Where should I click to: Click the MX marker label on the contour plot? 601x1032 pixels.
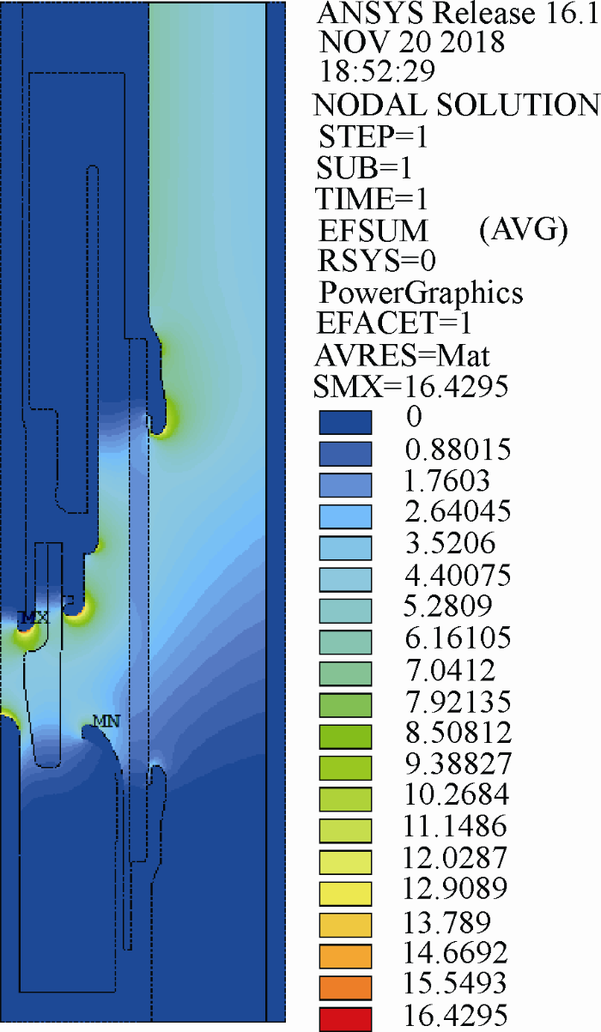33,617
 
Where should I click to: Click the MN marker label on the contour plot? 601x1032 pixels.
106,720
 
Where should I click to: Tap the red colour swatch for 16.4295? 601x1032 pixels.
345,1019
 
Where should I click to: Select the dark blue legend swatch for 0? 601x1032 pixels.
345,422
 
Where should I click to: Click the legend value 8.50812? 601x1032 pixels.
458,732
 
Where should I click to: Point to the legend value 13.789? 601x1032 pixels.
447,922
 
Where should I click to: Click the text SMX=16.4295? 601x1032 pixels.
410,386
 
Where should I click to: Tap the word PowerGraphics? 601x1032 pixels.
421,293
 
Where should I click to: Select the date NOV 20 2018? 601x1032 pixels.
412,42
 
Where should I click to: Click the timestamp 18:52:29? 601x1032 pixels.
377,71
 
